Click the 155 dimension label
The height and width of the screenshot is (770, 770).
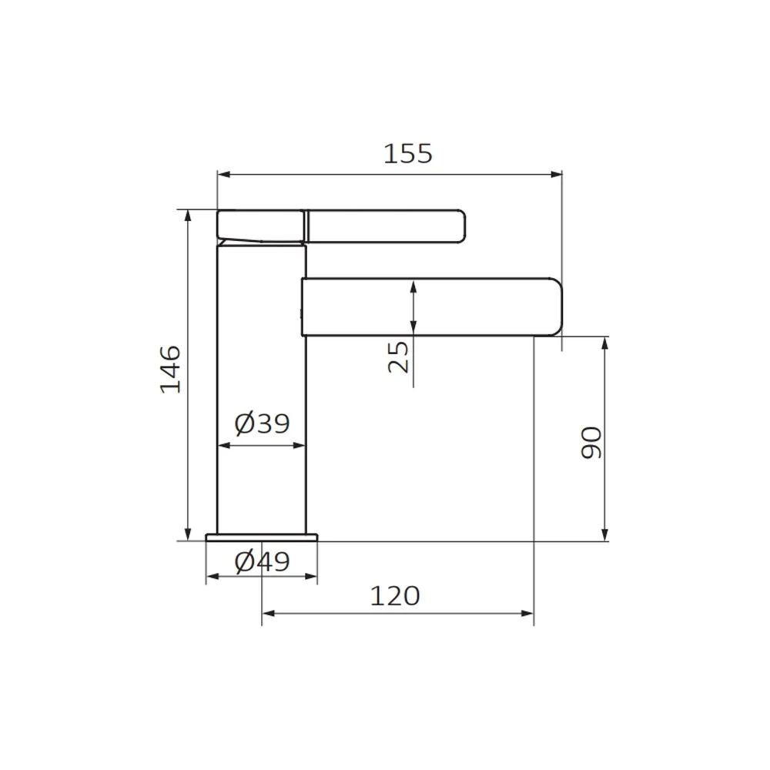pos(407,154)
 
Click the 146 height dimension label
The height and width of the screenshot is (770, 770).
pos(170,370)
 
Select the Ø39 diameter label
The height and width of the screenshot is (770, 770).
pos(263,423)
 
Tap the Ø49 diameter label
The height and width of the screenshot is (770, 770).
pos(263,561)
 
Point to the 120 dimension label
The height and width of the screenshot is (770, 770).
pos(395,596)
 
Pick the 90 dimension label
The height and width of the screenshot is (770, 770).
pos(591,443)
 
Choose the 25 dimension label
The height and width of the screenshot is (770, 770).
pos(398,357)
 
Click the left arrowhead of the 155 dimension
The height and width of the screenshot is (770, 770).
pos(223,174)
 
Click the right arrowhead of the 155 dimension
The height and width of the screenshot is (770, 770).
pos(556,174)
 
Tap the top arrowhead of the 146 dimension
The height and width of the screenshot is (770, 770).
pos(188,216)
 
